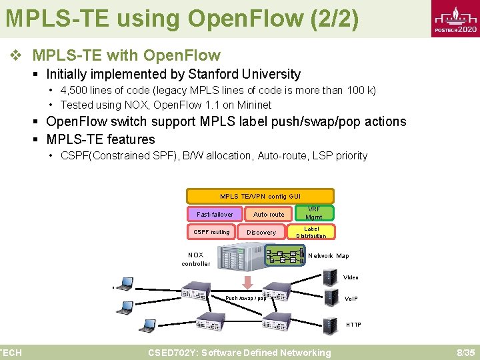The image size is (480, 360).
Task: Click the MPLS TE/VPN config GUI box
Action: tap(260, 196)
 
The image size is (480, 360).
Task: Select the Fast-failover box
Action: tap(215, 214)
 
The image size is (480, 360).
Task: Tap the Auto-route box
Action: tap(269, 214)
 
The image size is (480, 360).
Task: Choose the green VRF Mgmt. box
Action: tap(314, 213)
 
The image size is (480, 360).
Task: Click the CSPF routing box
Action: tap(211, 232)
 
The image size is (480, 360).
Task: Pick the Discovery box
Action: tap(261, 232)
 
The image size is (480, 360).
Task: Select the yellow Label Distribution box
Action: tap(311, 232)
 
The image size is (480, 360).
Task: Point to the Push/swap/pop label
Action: tap(245, 298)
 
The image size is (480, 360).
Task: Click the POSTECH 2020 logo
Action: tap(455, 21)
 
